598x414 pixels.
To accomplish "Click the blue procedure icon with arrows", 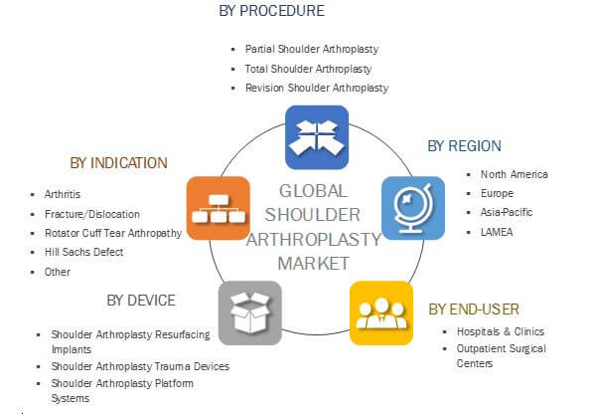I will [316, 136].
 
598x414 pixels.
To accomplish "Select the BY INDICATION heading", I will [118, 163].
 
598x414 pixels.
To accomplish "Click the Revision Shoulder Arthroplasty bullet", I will [316, 88].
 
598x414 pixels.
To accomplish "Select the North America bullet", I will [515, 174].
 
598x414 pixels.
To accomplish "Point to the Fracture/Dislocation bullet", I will [92, 213].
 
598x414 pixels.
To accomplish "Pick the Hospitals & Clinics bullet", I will [500, 331].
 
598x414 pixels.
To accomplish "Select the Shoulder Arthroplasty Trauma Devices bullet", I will [140, 366].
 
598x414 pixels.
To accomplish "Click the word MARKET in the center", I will [314, 264].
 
